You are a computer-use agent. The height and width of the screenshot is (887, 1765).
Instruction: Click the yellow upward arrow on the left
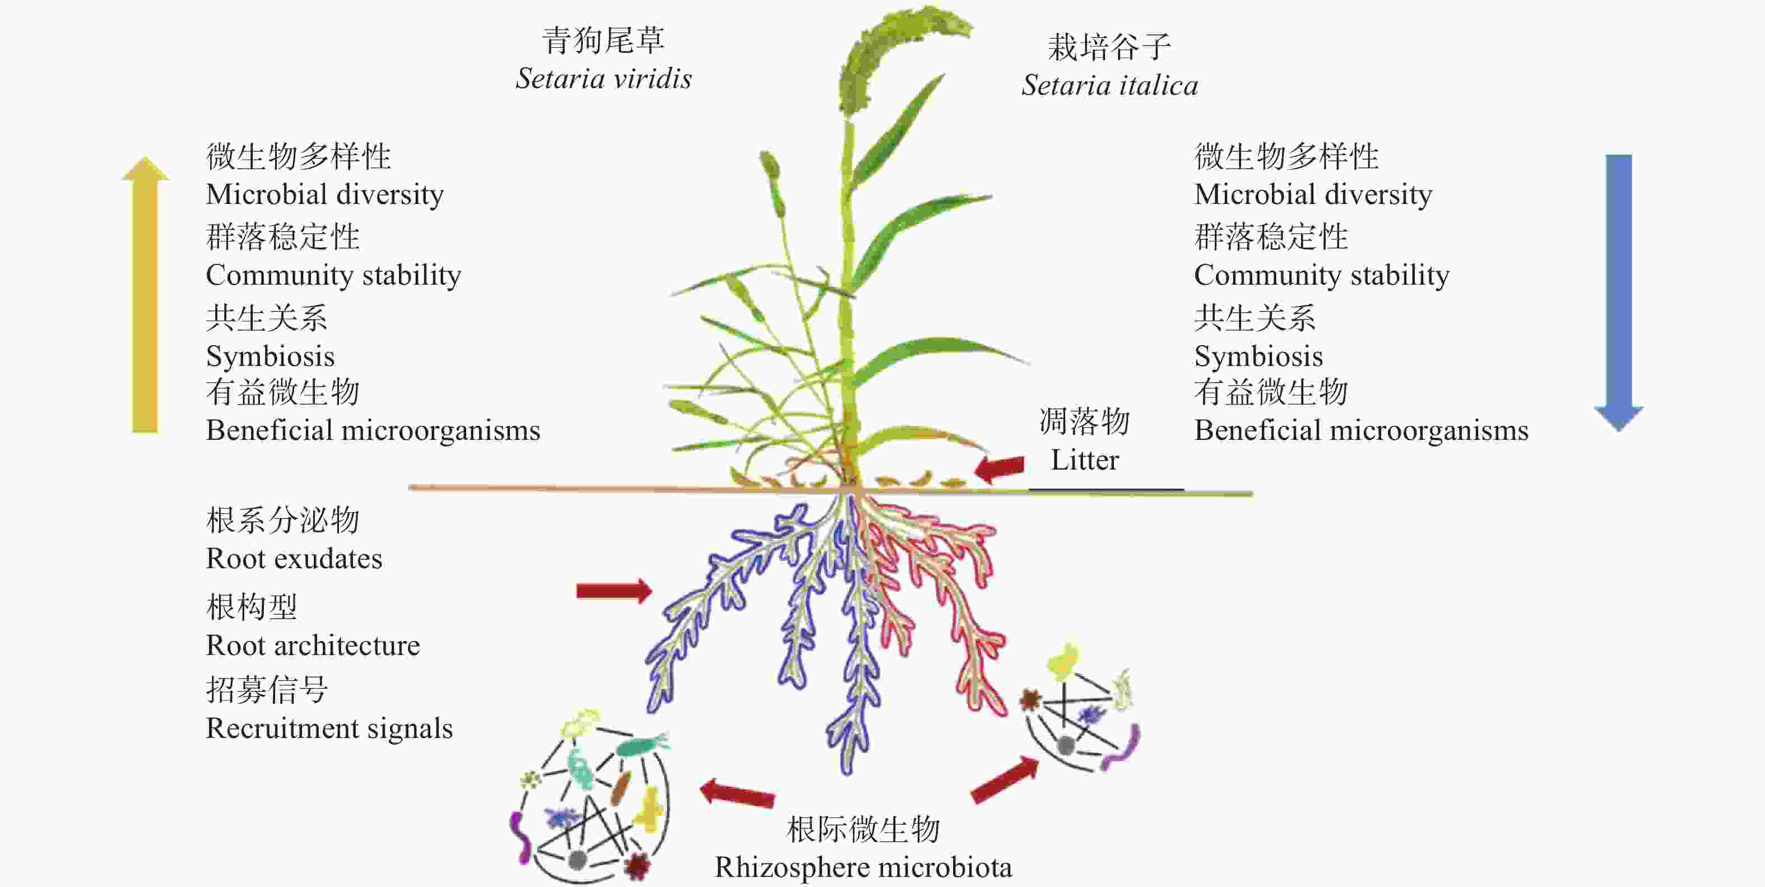pyautogui.click(x=145, y=295)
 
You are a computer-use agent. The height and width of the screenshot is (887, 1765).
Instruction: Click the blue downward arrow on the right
pyautogui.click(x=1618, y=293)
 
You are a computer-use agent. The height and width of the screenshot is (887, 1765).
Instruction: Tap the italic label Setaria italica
pyautogui.click(x=1110, y=86)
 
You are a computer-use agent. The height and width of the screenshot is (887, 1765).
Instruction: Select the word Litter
pyautogui.click(x=1085, y=459)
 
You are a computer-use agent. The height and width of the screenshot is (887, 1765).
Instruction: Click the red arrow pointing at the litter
pyautogui.click(x=999, y=468)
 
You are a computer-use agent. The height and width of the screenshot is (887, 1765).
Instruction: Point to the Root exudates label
pyautogui.click(x=294, y=559)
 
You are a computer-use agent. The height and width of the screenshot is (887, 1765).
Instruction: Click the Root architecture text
pyautogui.click(x=313, y=645)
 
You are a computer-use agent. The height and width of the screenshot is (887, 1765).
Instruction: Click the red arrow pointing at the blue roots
pyautogui.click(x=614, y=591)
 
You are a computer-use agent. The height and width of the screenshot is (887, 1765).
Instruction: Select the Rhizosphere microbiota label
pyautogui.click(x=863, y=868)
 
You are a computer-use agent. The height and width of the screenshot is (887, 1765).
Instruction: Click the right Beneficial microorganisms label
pyautogui.click(x=1362, y=431)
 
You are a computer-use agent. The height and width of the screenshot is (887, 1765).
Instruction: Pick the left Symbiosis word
pyautogui.click(x=271, y=357)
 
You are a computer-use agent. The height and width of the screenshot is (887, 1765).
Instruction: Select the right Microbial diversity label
pyautogui.click(x=1313, y=194)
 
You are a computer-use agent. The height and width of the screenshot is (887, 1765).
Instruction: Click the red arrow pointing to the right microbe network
pyautogui.click(x=1005, y=779)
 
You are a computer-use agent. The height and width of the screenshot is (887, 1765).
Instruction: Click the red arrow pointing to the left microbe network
pyautogui.click(x=737, y=793)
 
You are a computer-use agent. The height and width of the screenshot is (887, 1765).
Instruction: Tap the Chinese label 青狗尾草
pyautogui.click(x=603, y=40)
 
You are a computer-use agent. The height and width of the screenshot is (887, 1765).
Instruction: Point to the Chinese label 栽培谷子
pyautogui.click(x=1110, y=47)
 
